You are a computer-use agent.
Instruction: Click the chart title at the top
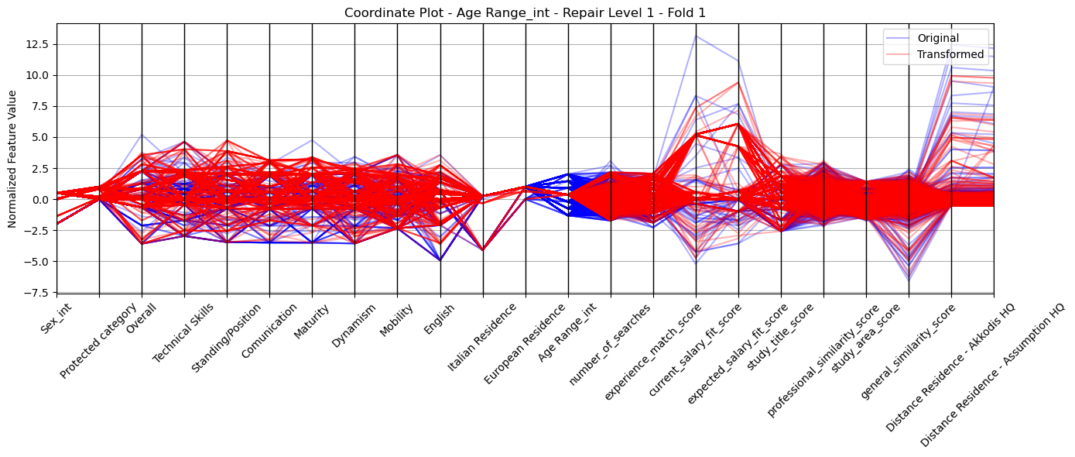point(525,13)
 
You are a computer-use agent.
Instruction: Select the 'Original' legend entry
point(938,38)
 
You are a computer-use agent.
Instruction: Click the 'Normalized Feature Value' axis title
point(12,159)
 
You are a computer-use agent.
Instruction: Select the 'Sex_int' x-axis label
point(56,319)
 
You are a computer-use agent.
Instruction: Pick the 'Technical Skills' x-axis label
point(183,334)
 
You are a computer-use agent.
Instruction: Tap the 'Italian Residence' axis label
point(482,338)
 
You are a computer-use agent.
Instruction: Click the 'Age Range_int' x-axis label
point(567,332)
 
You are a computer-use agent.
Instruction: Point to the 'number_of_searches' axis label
point(610,345)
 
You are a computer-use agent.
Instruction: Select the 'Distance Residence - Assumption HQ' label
point(992,376)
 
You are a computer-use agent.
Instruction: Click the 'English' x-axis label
point(439,320)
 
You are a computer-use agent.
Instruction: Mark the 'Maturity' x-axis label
point(311,321)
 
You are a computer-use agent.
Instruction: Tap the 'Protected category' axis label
point(98,341)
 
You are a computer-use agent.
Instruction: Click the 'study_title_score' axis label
point(780,338)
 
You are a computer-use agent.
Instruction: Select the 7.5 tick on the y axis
point(41,106)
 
